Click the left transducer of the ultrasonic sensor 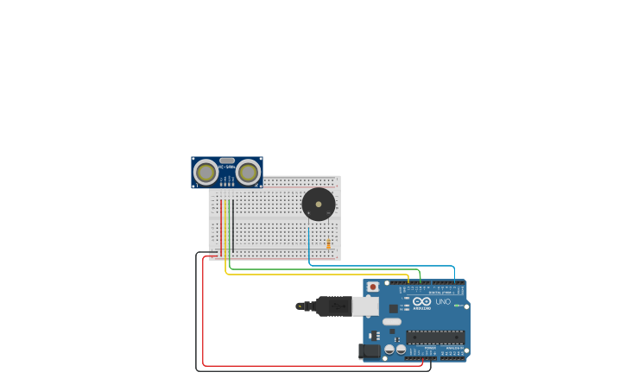tap(206, 172)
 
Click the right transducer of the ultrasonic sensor tap(249, 172)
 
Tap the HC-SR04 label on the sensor tap(227, 167)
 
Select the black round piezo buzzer tap(318, 205)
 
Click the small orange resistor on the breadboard tap(328, 243)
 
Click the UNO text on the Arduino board tap(442, 302)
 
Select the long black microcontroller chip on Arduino tap(435, 337)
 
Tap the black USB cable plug tap(332, 306)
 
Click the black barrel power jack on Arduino tap(370, 351)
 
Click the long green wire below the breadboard tap(328, 269)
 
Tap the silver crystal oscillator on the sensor tap(227, 161)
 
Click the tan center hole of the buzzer tap(318, 205)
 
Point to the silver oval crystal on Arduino tap(392, 322)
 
